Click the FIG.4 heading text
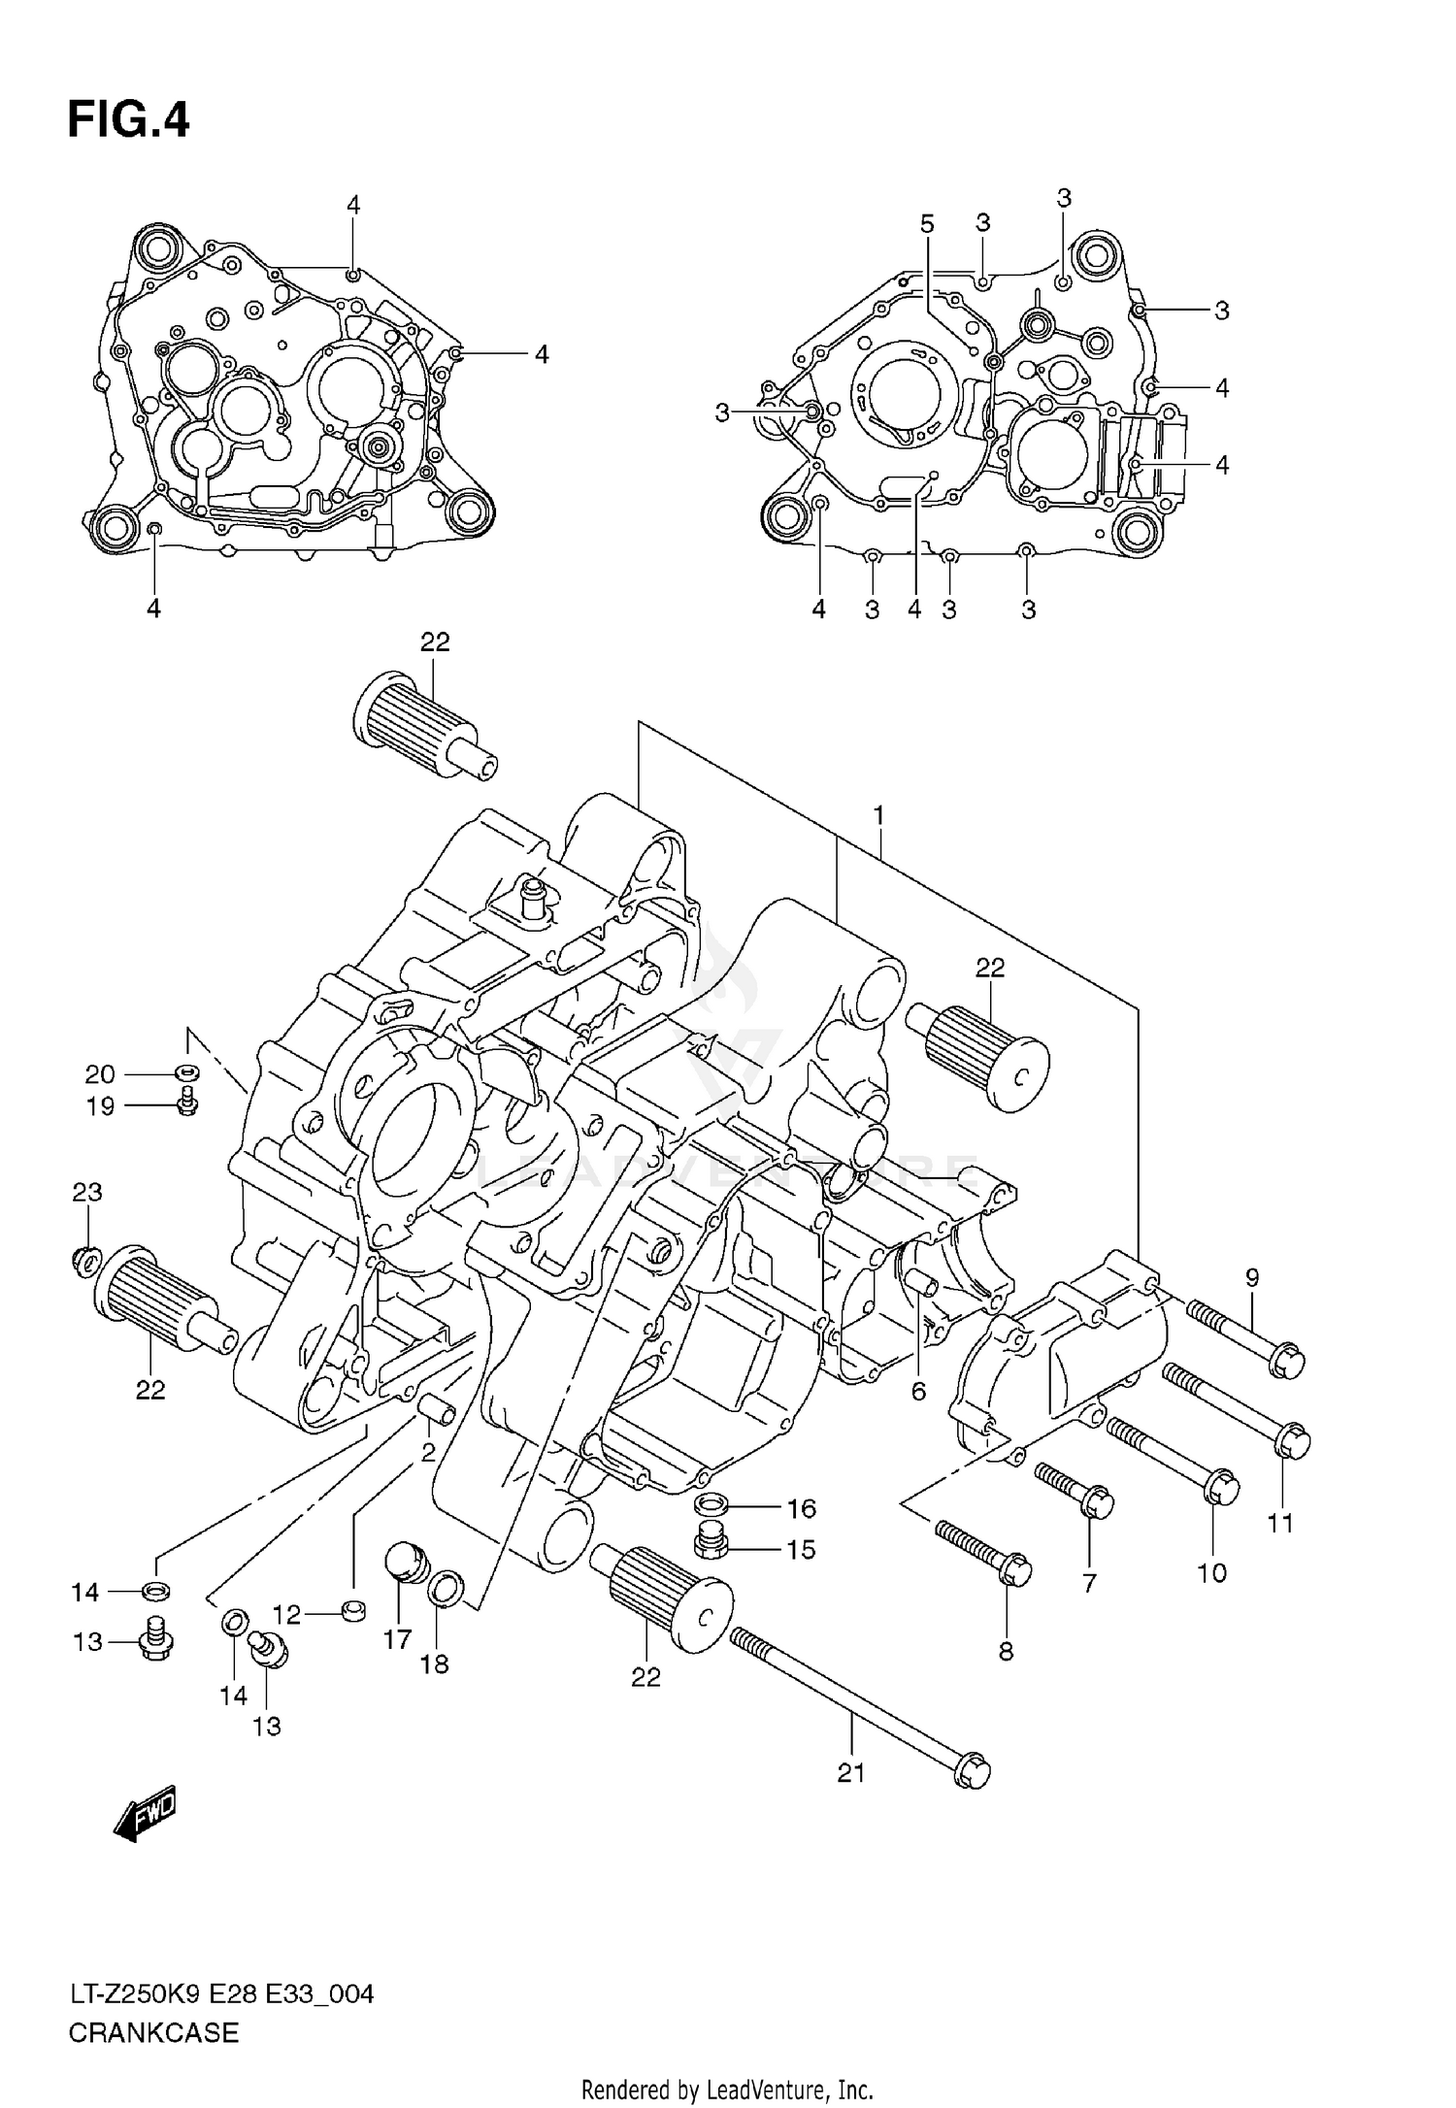coord(128,121)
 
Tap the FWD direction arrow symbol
coord(146,1813)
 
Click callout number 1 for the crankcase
coord(878,816)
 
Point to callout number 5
coord(927,224)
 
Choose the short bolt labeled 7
coord(1074,1494)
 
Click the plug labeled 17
coord(406,1563)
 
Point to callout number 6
coord(918,1391)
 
